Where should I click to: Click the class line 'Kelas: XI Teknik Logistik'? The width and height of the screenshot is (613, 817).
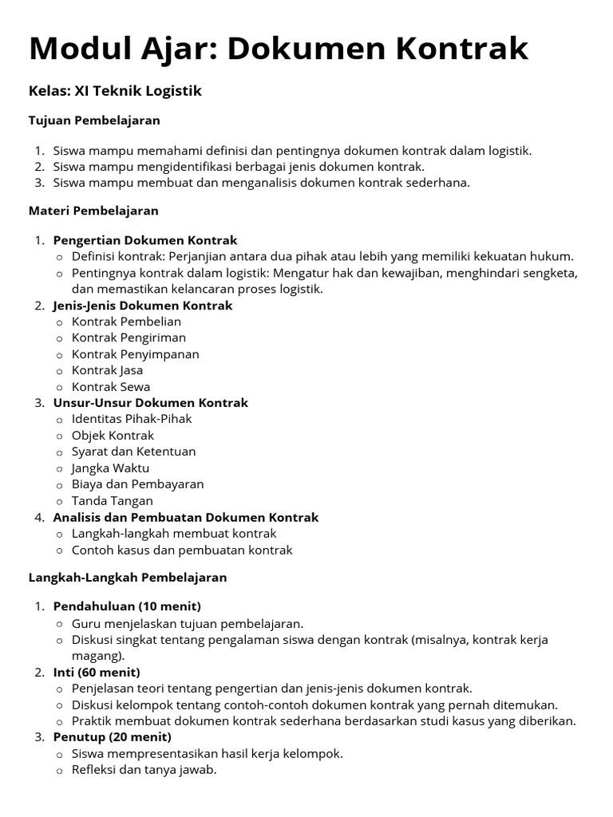(x=115, y=91)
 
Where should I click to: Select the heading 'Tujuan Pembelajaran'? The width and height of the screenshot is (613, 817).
(x=94, y=120)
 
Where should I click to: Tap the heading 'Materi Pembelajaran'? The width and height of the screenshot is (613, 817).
(x=93, y=211)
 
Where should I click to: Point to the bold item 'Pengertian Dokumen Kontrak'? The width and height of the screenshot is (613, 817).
(x=145, y=240)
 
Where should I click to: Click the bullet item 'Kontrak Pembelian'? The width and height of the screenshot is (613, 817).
(x=126, y=322)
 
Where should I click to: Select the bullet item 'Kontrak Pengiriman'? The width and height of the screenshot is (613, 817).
(x=129, y=337)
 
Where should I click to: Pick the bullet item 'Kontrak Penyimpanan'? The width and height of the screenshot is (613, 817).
(x=135, y=354)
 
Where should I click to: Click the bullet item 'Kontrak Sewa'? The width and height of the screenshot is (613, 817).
(x=111, y=387)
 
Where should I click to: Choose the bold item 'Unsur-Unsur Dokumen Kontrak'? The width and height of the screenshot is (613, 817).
(x=150, y=403)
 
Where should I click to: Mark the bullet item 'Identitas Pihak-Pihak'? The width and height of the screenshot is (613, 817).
(x=132, y=419)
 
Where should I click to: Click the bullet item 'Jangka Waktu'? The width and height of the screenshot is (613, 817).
(x=110, y=468)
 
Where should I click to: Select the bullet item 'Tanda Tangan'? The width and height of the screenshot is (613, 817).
(x=112, y=501)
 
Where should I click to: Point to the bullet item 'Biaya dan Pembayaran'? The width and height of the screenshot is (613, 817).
(x=137, y=484)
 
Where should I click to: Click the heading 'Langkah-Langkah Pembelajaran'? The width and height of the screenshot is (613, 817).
(x=128, y=577)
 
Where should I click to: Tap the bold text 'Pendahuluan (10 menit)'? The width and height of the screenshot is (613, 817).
(x=127, y=606)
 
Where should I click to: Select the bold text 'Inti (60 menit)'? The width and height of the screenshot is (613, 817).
(x=97, y=672)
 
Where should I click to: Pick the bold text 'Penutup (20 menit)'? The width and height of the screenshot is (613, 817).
(x=112, y=737)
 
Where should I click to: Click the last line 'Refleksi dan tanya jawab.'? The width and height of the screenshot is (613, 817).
(x=144, y=770)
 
